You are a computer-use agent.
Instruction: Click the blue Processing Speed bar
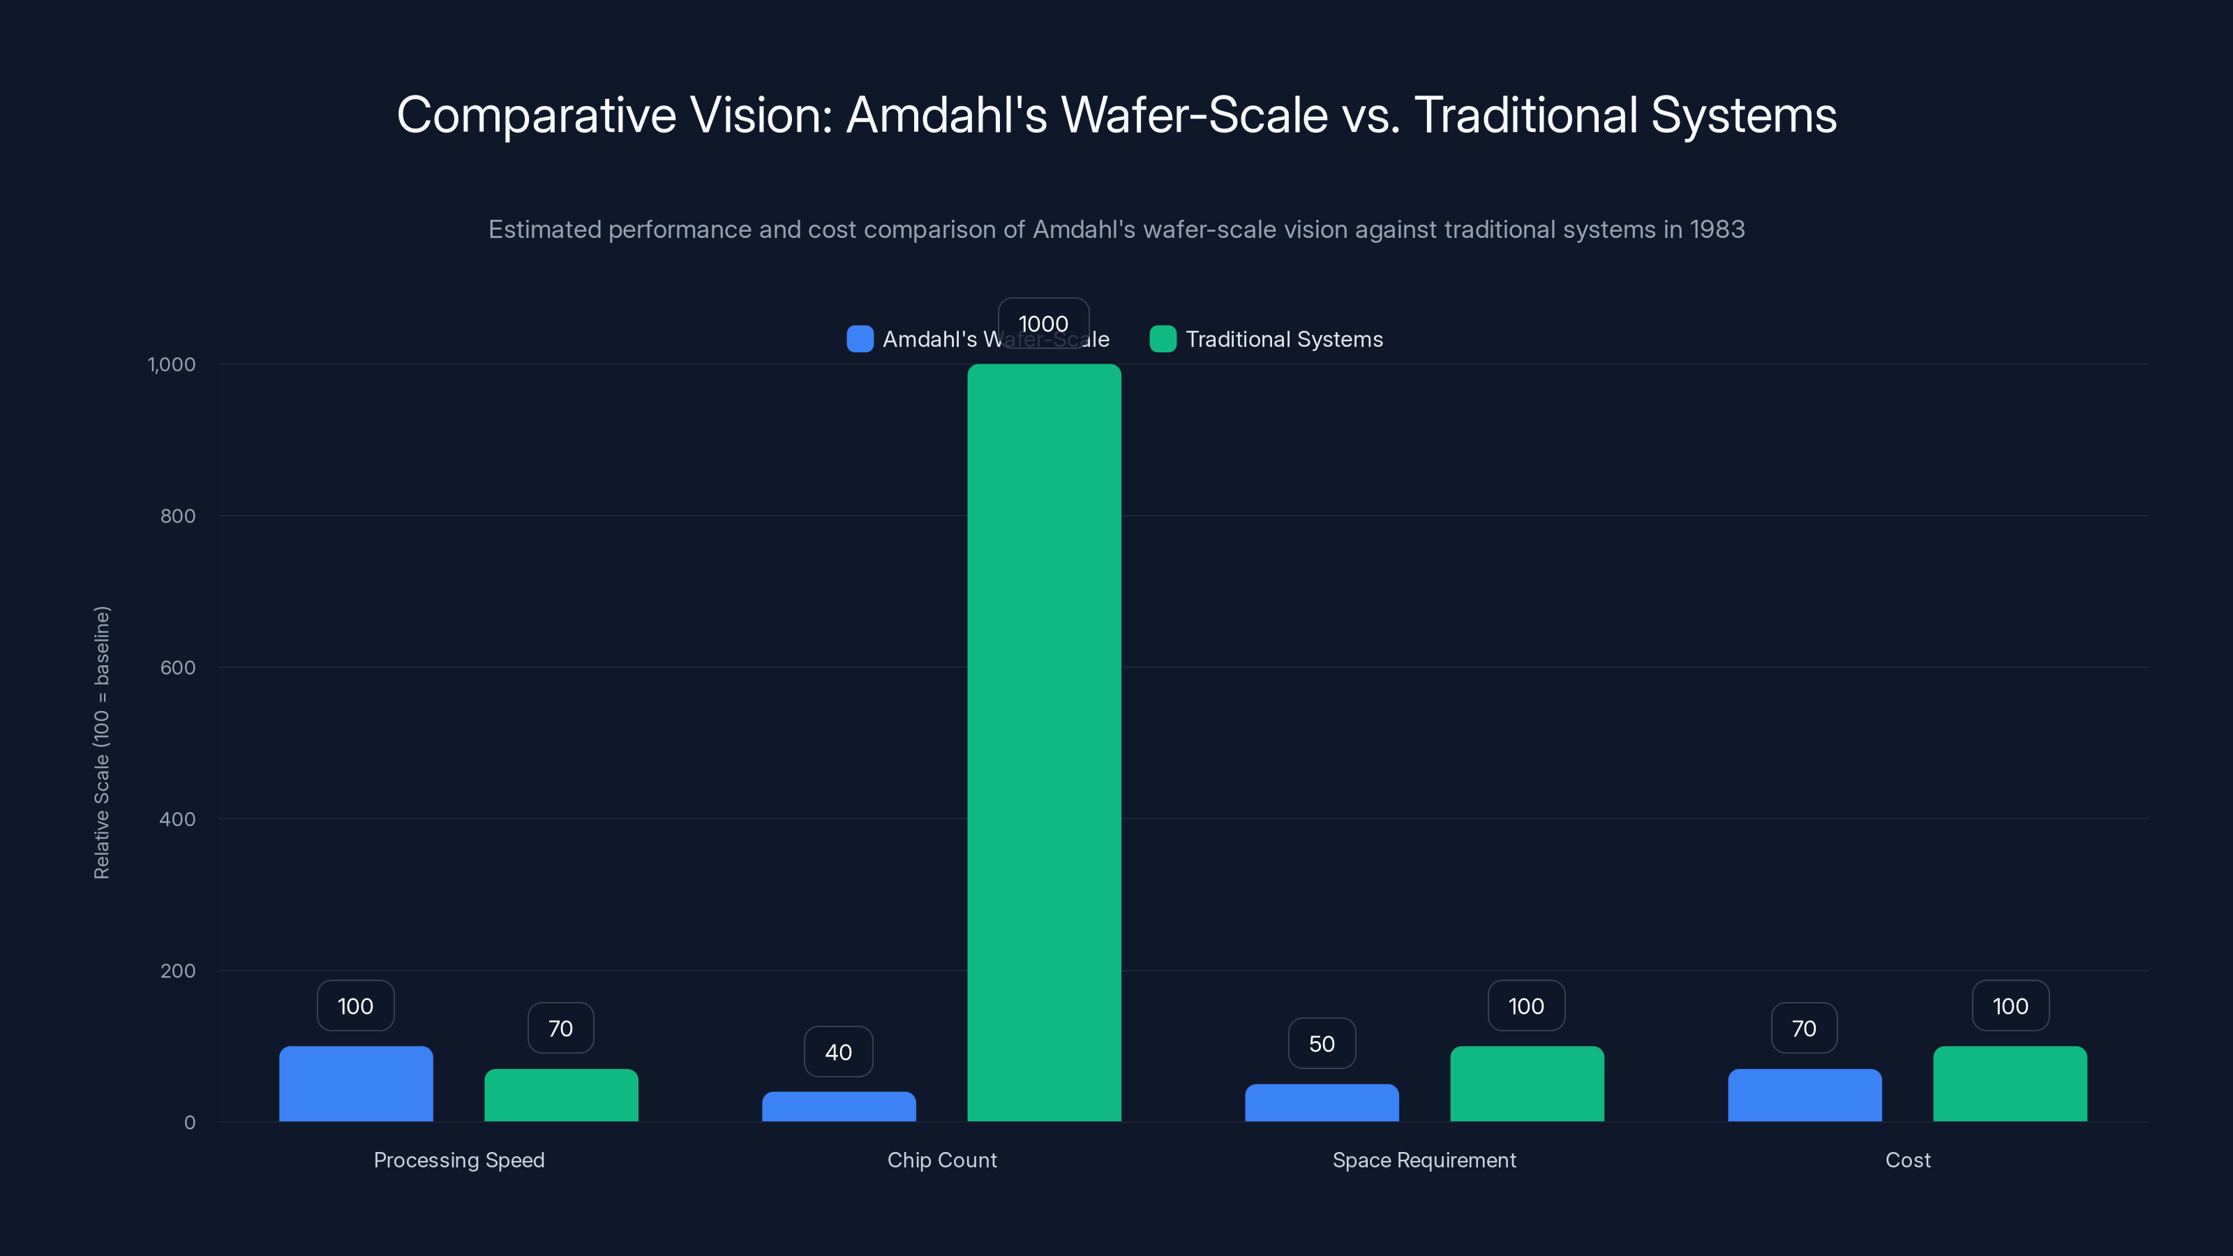pos(355,1084)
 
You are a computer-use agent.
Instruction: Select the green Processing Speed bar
pos(561,1095)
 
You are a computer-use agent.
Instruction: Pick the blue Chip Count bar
pos(838,1106)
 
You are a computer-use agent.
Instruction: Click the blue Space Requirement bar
pos(1321,1102)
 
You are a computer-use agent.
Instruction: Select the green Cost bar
pos(2010,1084)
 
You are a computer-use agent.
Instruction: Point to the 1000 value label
pos(1043,323)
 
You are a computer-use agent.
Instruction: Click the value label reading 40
pos(838,1052)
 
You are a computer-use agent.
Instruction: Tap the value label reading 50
pos(1321,1044)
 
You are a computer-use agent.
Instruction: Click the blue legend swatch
pos(859,339)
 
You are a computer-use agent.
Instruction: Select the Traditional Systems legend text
pos(1284,339)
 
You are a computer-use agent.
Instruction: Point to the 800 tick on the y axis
pos(178,516)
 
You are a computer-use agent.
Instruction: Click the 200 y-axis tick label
pos(178,971)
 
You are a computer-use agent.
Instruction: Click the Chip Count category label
pos(941,1160)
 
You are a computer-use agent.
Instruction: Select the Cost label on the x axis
pos(1907,1160)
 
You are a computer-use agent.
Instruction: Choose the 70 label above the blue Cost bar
pos(1803,1028)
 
